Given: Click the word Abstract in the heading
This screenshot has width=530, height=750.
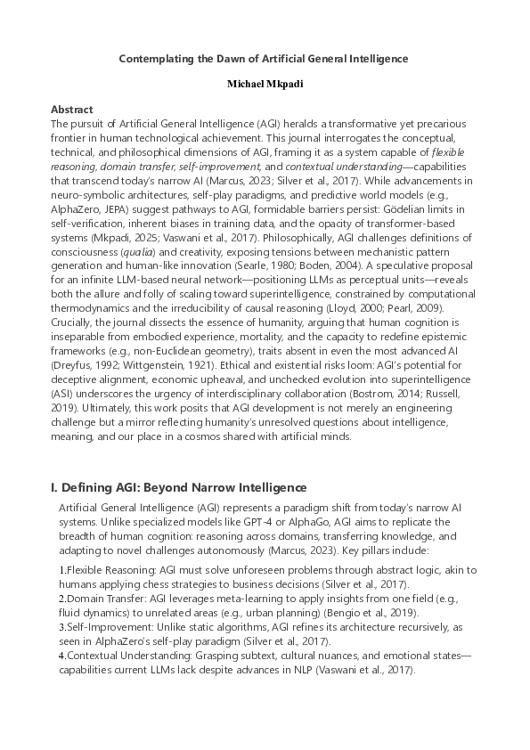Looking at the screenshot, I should click(x=72, y=110).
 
